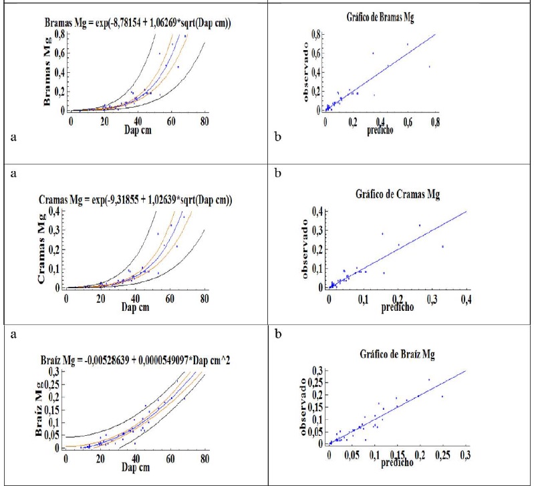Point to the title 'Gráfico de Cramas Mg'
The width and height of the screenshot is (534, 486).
(x=389, y=195)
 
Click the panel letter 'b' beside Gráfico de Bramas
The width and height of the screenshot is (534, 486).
(x=279, y=138)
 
